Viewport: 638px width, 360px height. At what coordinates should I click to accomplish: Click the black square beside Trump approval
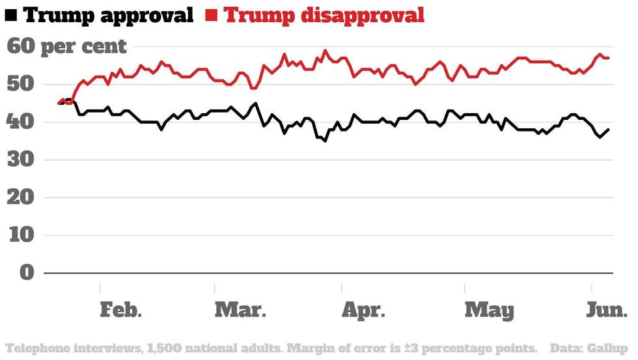[11, 15]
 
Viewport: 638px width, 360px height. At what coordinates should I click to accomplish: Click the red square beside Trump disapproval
[212, 15]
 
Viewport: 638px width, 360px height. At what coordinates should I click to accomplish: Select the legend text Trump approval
[109, 14]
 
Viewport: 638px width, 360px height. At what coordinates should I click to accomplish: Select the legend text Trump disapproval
[324, 14]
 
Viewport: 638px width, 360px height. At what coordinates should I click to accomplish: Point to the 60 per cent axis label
[67, 47]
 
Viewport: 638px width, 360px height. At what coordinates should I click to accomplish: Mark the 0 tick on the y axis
[26, 273]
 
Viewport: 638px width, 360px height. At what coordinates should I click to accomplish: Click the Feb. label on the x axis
[121, 311]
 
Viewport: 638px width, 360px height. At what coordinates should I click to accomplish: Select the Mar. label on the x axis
[240, 311]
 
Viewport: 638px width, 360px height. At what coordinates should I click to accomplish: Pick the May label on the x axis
[489, 311]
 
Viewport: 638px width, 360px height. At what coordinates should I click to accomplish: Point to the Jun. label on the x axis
[606, 311]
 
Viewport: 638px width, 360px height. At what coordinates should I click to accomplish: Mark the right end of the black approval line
[609, 130]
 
